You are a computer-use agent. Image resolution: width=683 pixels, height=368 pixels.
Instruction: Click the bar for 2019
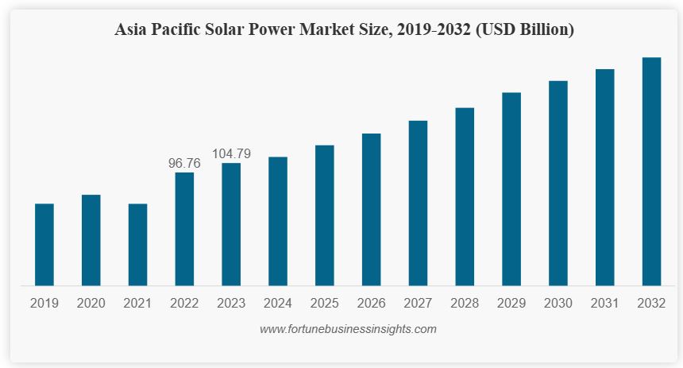pyautogui.click(x=44, y=244)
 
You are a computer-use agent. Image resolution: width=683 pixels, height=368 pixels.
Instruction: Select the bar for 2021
pyautogui.click(x=138, y=244)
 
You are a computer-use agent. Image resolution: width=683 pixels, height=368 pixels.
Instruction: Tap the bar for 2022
pyautogui.click(x=184, y=229)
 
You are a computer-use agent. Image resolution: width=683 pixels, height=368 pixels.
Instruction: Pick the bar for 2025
pyautogui.click(x=324, y=215)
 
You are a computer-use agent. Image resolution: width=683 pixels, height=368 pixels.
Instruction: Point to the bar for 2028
pyautogui.click(x=465, y=196)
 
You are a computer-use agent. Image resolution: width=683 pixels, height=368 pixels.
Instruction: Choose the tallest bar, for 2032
pyautogui.click(x=651, y=171)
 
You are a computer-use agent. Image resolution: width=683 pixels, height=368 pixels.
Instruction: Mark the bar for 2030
pyautogui.click(x=558, y=183)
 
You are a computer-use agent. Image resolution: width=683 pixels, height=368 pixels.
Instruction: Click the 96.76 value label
pyautogui.click(x=184, y=163)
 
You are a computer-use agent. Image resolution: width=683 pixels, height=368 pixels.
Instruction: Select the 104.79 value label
pyautogui.click(x=231, y=153)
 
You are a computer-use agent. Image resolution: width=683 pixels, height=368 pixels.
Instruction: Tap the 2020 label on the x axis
pyautogui.click(x=91, y=303)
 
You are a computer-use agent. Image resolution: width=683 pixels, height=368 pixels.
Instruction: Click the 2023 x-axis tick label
pyautogui.click(x=231, y=303)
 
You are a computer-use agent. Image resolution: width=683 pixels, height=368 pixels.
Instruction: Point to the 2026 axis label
pyautogui.click(x=371, y=303)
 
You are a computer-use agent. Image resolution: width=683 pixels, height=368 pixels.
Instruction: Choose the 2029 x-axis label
pyautogui.click(x=511, y=303)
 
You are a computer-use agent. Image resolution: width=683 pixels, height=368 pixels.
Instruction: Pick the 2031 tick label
pyautogui.click(x=604, y=303)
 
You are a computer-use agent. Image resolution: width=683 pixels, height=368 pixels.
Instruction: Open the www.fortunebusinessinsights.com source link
pyautogui.click(x=348, y=328)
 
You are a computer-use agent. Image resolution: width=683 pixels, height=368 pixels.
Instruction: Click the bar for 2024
pyautogui.click(x=278, y=221)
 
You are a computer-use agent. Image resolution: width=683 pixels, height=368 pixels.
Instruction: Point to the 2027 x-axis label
pyautogui.click(x=418, y=303)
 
